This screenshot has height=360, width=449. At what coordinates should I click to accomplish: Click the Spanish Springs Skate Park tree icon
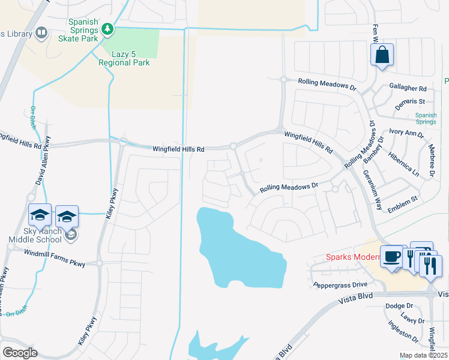[107, 28]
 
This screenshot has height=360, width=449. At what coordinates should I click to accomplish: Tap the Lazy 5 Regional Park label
[125, 58]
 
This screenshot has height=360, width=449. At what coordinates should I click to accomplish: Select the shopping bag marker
[382, 56]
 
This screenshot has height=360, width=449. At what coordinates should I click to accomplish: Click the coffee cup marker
[392, 256]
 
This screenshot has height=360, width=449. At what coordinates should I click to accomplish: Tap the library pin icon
[42, 33]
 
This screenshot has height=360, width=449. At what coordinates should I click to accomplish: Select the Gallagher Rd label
[408, 88]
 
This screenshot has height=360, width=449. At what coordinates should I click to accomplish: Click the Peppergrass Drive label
[340, 284]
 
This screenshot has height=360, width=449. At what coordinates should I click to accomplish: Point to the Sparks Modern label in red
[354, 257]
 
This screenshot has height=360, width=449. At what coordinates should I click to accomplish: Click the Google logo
[20, 353]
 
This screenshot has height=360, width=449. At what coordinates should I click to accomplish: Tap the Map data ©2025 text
[424, 355]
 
